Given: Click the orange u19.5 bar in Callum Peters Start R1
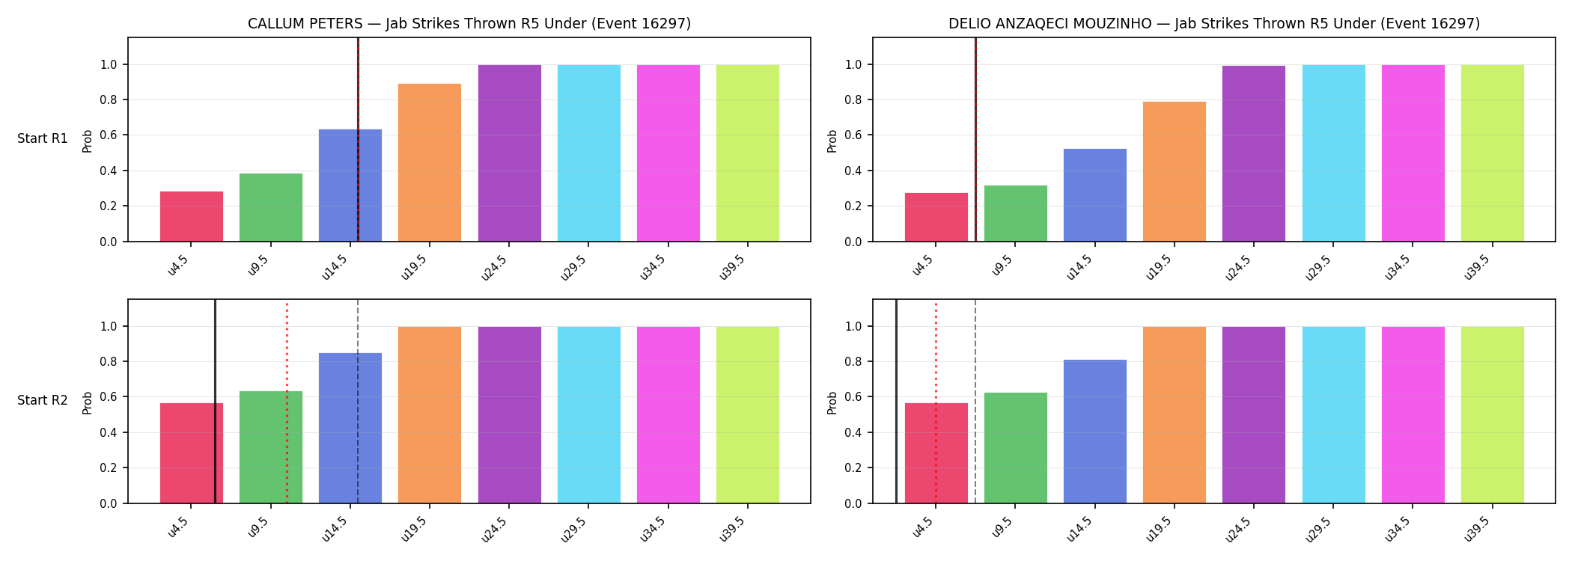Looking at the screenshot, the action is coord(430,162).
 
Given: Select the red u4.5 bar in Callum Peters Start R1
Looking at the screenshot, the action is coord(192,216).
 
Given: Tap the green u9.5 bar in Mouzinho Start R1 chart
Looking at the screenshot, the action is coord(1016,213).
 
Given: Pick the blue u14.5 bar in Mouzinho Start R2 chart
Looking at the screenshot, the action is coord(1095,432).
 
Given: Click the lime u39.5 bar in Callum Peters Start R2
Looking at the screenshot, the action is coord(748,415).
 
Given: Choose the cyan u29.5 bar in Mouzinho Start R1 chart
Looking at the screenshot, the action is coord(1334,153).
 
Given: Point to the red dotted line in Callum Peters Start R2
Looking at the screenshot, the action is coord(287,403).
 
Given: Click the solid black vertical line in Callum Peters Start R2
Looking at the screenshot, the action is coord(215,401).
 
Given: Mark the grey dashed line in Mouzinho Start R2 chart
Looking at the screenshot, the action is coord(975,401).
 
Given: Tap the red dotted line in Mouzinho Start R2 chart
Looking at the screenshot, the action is coord(936,403).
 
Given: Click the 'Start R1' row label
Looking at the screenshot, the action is coord(43,139).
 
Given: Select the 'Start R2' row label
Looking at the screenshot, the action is coord(43,401).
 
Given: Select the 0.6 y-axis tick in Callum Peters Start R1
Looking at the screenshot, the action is coord(109,135).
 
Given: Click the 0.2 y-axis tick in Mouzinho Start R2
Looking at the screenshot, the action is coord(853,468).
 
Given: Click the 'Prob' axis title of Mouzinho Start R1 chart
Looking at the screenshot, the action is coord(832,141).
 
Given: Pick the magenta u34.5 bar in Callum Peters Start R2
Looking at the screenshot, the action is coord(668,415).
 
